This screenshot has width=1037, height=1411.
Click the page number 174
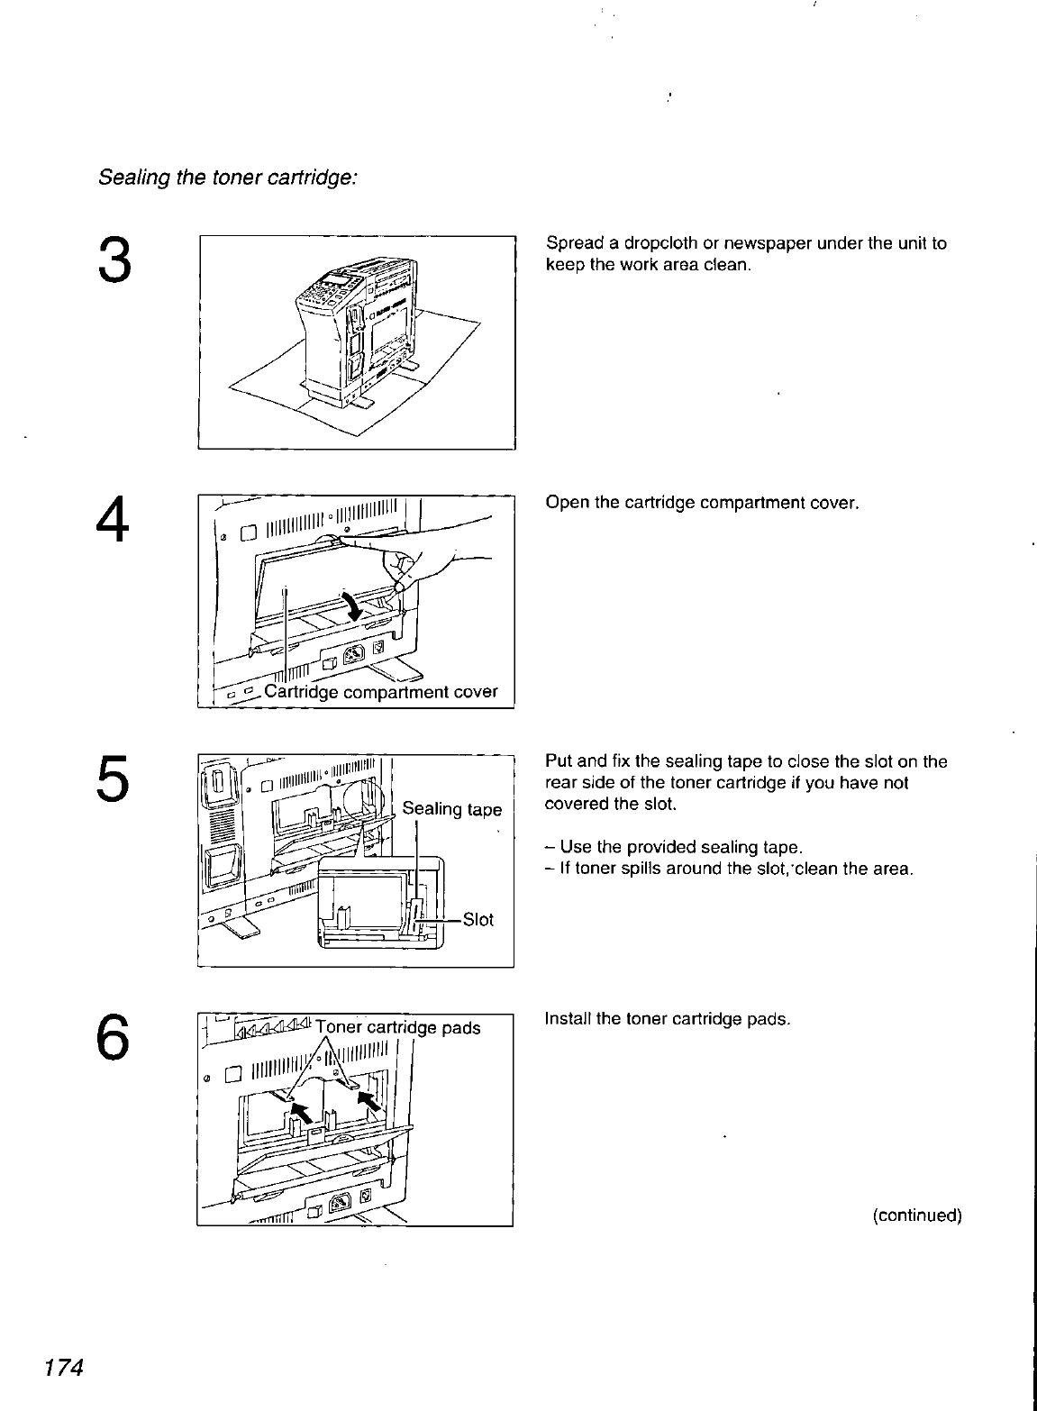(x=59, y=1367)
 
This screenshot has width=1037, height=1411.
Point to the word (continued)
(x=917, y=1215)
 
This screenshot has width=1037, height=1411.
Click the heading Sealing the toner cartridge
(x=228, y=178)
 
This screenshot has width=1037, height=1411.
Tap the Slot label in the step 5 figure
(x=478, y=920)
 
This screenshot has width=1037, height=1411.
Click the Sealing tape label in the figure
(x=451, y=809)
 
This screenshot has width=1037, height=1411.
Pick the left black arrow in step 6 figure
(x=305, y=1112)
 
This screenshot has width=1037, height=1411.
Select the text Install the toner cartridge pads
(x=668, y=1019)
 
